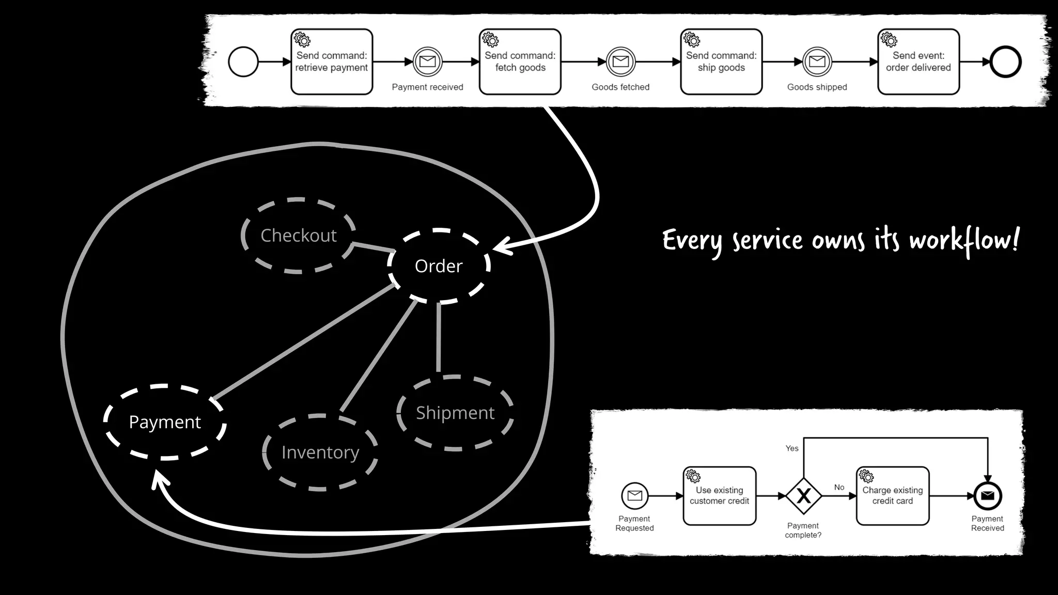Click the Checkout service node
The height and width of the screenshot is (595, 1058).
[299, 236]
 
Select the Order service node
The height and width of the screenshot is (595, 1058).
[439, 266]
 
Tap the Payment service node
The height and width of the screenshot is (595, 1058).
[165, 422]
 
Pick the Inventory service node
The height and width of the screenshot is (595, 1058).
[320, 452]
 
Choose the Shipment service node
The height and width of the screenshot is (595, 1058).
[455, 413]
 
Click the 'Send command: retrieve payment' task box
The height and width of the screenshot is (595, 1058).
[332, 62]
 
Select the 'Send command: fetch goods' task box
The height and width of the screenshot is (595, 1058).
[520, 62]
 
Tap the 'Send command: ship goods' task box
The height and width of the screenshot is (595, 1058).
[721, 62]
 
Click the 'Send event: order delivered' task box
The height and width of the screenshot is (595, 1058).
[918, 62]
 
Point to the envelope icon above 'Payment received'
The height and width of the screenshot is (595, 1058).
[427, 62]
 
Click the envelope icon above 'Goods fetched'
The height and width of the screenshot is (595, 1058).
[620, 62]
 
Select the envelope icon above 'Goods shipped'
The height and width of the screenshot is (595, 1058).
[817, 62]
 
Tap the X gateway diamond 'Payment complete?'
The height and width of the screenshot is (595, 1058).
[803, 496]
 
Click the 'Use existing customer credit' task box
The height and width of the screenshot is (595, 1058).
[719, 496]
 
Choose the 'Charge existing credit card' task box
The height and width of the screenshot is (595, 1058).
[892, 496]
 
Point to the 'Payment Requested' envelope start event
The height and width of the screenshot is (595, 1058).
[634, 496]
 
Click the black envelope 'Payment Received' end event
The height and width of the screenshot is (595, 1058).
[987, 496]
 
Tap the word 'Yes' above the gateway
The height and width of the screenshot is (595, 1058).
[792, 448]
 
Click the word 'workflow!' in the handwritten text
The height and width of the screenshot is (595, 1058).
[964, 241]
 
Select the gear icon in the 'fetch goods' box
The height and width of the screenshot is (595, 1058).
[490, 40]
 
